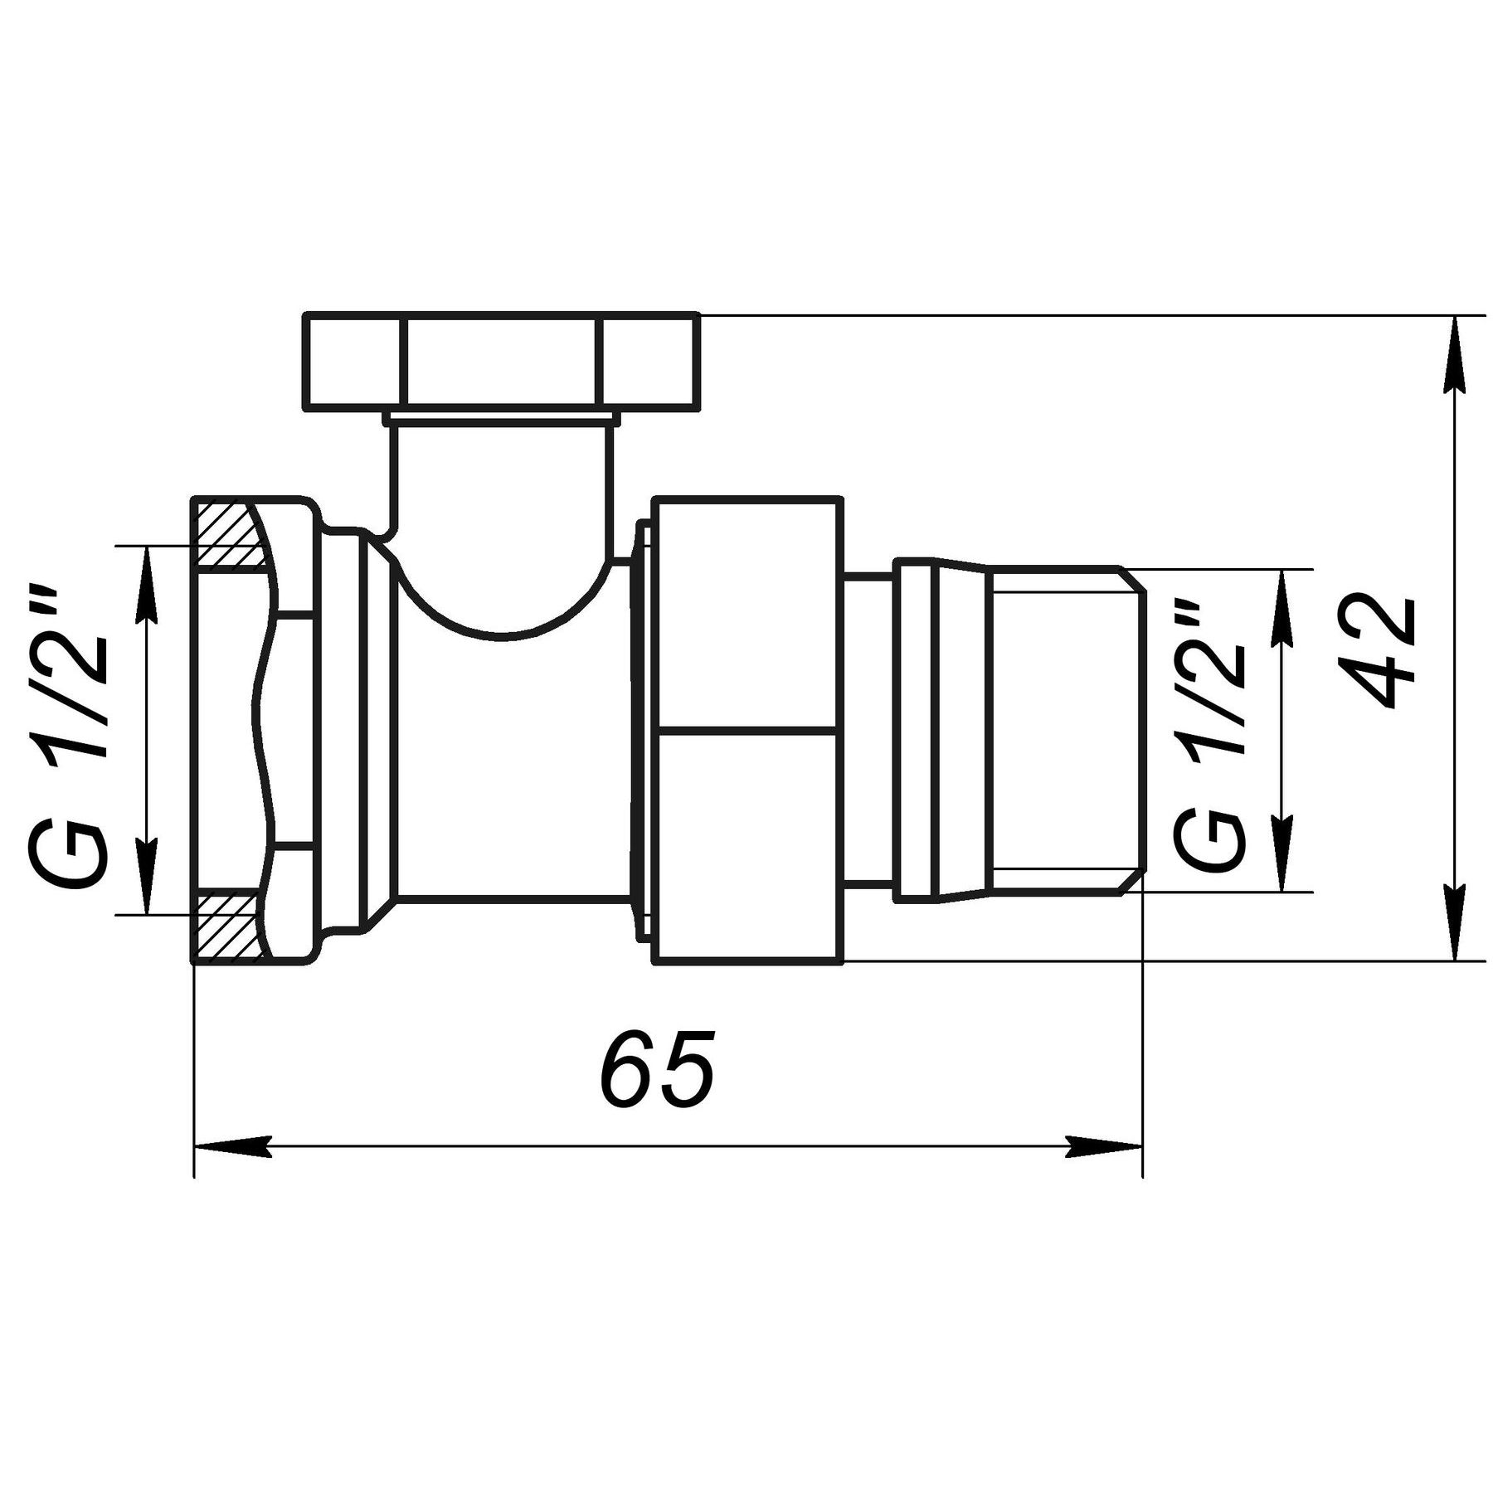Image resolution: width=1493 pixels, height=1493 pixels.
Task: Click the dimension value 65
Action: point(657,1070)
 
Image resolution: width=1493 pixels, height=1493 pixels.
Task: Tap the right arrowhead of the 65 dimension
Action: point(1105,1147)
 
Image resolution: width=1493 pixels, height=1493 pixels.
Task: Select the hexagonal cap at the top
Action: point(502,360)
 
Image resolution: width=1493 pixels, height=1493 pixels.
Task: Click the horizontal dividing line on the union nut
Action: point(746,730)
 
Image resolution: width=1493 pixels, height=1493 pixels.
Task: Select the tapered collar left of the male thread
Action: point(962,730)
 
